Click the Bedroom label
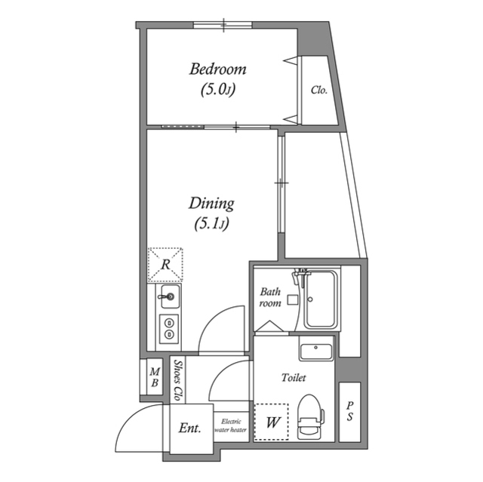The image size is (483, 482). [217, 69]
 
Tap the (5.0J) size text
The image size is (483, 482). [218, 90]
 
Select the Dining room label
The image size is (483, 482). [211, 203]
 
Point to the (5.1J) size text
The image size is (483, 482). [211, 223]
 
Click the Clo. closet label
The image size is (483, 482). [318, 91]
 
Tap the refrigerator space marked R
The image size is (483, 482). [166, 265]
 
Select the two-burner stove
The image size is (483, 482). [168, 328]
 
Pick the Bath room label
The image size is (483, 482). [270, 297]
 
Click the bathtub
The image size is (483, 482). [323, 300]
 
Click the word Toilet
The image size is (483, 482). [294, 377]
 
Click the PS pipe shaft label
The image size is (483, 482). [349, 412]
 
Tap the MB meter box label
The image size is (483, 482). [154, 376]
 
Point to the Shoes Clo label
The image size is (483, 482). [177, 380]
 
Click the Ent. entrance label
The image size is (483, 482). [189, 428]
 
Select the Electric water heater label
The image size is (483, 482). [230, 425]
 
